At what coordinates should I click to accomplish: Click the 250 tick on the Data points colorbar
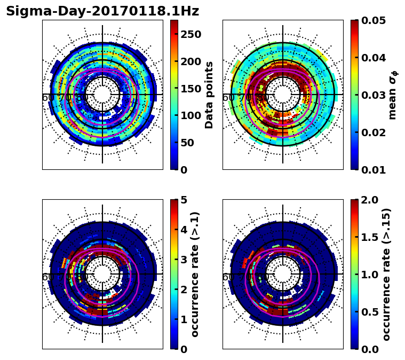191,34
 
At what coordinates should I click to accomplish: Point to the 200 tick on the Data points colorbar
191,61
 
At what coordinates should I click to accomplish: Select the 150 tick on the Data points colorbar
191,89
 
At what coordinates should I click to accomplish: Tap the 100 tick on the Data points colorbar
191,115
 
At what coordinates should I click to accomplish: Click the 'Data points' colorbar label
209,95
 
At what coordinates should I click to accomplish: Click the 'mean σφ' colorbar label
392,95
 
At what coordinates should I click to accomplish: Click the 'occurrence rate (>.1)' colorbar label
195,274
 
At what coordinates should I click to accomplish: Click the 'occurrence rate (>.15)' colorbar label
387,274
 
